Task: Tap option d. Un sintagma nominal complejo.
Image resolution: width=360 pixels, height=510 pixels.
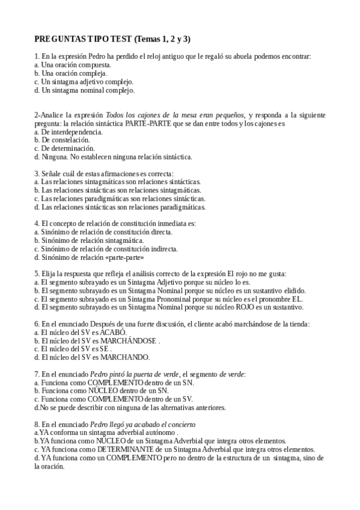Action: [x=85, y=90]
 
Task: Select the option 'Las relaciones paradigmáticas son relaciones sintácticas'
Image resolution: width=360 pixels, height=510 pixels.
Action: [x=119, y=198]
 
